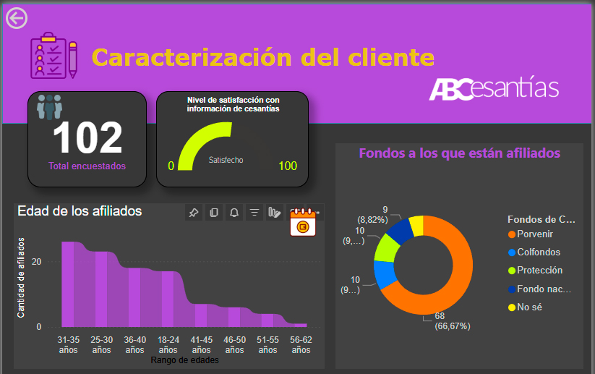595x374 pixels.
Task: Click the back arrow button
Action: pos(16,18)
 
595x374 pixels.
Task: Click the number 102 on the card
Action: pos(87,137)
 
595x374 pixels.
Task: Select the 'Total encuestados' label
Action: pos(87,166)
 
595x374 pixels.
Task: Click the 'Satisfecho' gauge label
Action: pos(226,160)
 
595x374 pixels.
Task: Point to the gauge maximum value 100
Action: pos(288,166)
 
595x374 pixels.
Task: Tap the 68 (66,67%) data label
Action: pos(452,321)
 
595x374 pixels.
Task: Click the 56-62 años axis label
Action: pos(301,344)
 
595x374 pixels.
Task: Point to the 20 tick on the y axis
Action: pos(35,262)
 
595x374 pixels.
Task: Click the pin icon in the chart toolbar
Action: pos(193,213)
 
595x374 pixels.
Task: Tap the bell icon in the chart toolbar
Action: pos(234,213)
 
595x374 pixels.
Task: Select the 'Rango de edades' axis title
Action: pos(184,360)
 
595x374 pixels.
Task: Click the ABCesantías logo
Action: pos(494,88)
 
